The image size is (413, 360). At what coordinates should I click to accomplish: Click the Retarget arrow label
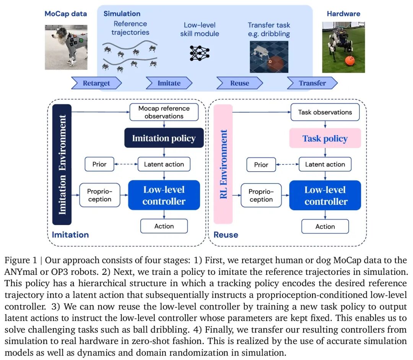click(96, 83)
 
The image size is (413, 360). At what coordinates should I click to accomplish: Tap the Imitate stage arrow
click(169, 83)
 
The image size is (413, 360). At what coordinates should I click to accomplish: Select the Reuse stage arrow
click(240, 83)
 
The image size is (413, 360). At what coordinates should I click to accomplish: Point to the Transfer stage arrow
click(312, 83)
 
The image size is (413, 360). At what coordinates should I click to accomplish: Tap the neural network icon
click(200, 53)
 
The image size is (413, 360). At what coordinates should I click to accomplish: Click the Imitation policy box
click(164, 138)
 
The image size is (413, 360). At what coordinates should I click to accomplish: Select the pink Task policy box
click(325, 138)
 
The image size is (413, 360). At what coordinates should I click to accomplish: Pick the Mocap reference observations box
click(164, 112)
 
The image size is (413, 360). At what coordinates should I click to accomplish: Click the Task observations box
click(325, 112)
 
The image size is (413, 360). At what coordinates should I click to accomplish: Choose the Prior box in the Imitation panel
click(99, 164)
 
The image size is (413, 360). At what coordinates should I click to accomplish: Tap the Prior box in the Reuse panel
click(261, 165)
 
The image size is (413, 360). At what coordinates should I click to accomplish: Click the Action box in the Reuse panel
click(325, 227)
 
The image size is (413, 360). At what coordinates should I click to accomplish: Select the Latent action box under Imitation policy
click(164, 164)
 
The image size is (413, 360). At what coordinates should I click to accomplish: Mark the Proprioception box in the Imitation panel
click(99, 195)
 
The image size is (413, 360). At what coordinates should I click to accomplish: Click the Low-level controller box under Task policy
click(325, 195)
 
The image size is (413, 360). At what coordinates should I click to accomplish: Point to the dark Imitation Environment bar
click(62, 164)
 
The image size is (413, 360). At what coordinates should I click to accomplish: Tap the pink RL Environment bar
click(223, 164)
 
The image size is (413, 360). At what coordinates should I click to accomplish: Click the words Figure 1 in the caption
click(21, 260)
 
